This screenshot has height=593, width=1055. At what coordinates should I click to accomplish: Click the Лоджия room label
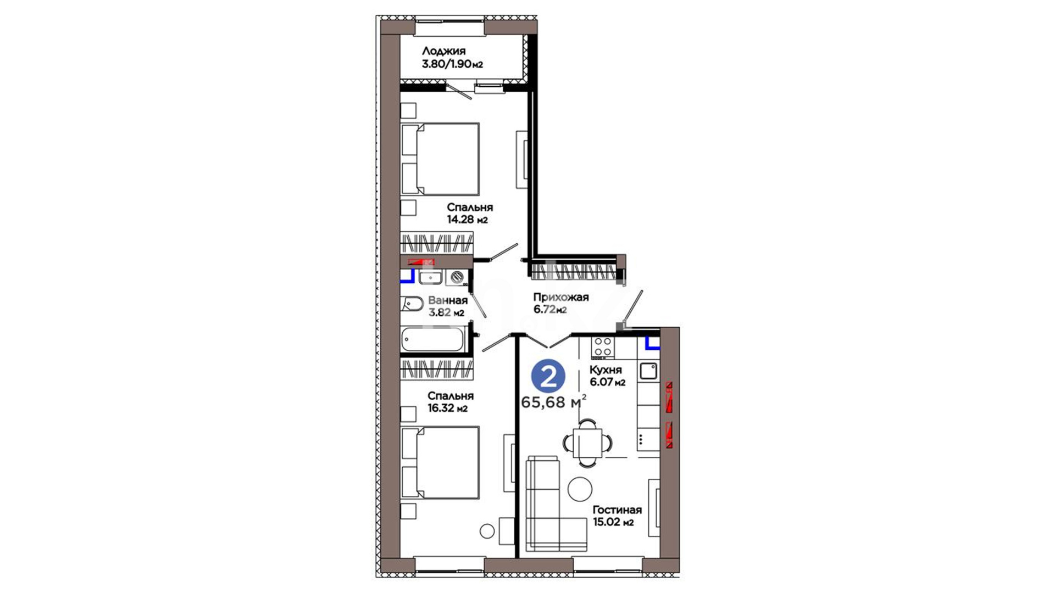tap(443, 51)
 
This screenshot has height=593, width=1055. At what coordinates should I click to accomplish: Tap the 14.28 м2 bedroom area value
tap(467, 220)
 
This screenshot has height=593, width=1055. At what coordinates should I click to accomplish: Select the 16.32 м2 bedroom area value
tap(447, 409)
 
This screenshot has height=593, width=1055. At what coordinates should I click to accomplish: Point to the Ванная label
tap(448, 300)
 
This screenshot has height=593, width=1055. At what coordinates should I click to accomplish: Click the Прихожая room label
tap(560, 297)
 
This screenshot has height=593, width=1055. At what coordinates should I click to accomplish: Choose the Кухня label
tap(606, 370)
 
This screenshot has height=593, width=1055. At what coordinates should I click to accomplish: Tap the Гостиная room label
tap(617, 510)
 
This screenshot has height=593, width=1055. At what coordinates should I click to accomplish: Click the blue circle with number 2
tap(548, 376)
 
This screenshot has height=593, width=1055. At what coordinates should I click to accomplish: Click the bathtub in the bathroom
tap(433, 339)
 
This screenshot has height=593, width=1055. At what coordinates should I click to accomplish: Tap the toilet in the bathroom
tap(412, 304)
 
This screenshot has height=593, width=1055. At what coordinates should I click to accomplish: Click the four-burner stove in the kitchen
tap(603, 347)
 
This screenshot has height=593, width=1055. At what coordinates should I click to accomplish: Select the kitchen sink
tap(648, 371)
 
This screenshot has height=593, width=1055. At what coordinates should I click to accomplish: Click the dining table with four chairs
tap(588, 443)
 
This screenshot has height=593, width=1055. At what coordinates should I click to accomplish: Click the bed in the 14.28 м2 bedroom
tap(440, 159)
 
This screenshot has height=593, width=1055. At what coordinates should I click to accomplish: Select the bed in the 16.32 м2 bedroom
tap(440, 463)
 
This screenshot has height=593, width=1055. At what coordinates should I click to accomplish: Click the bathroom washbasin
tap(430, 277)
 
